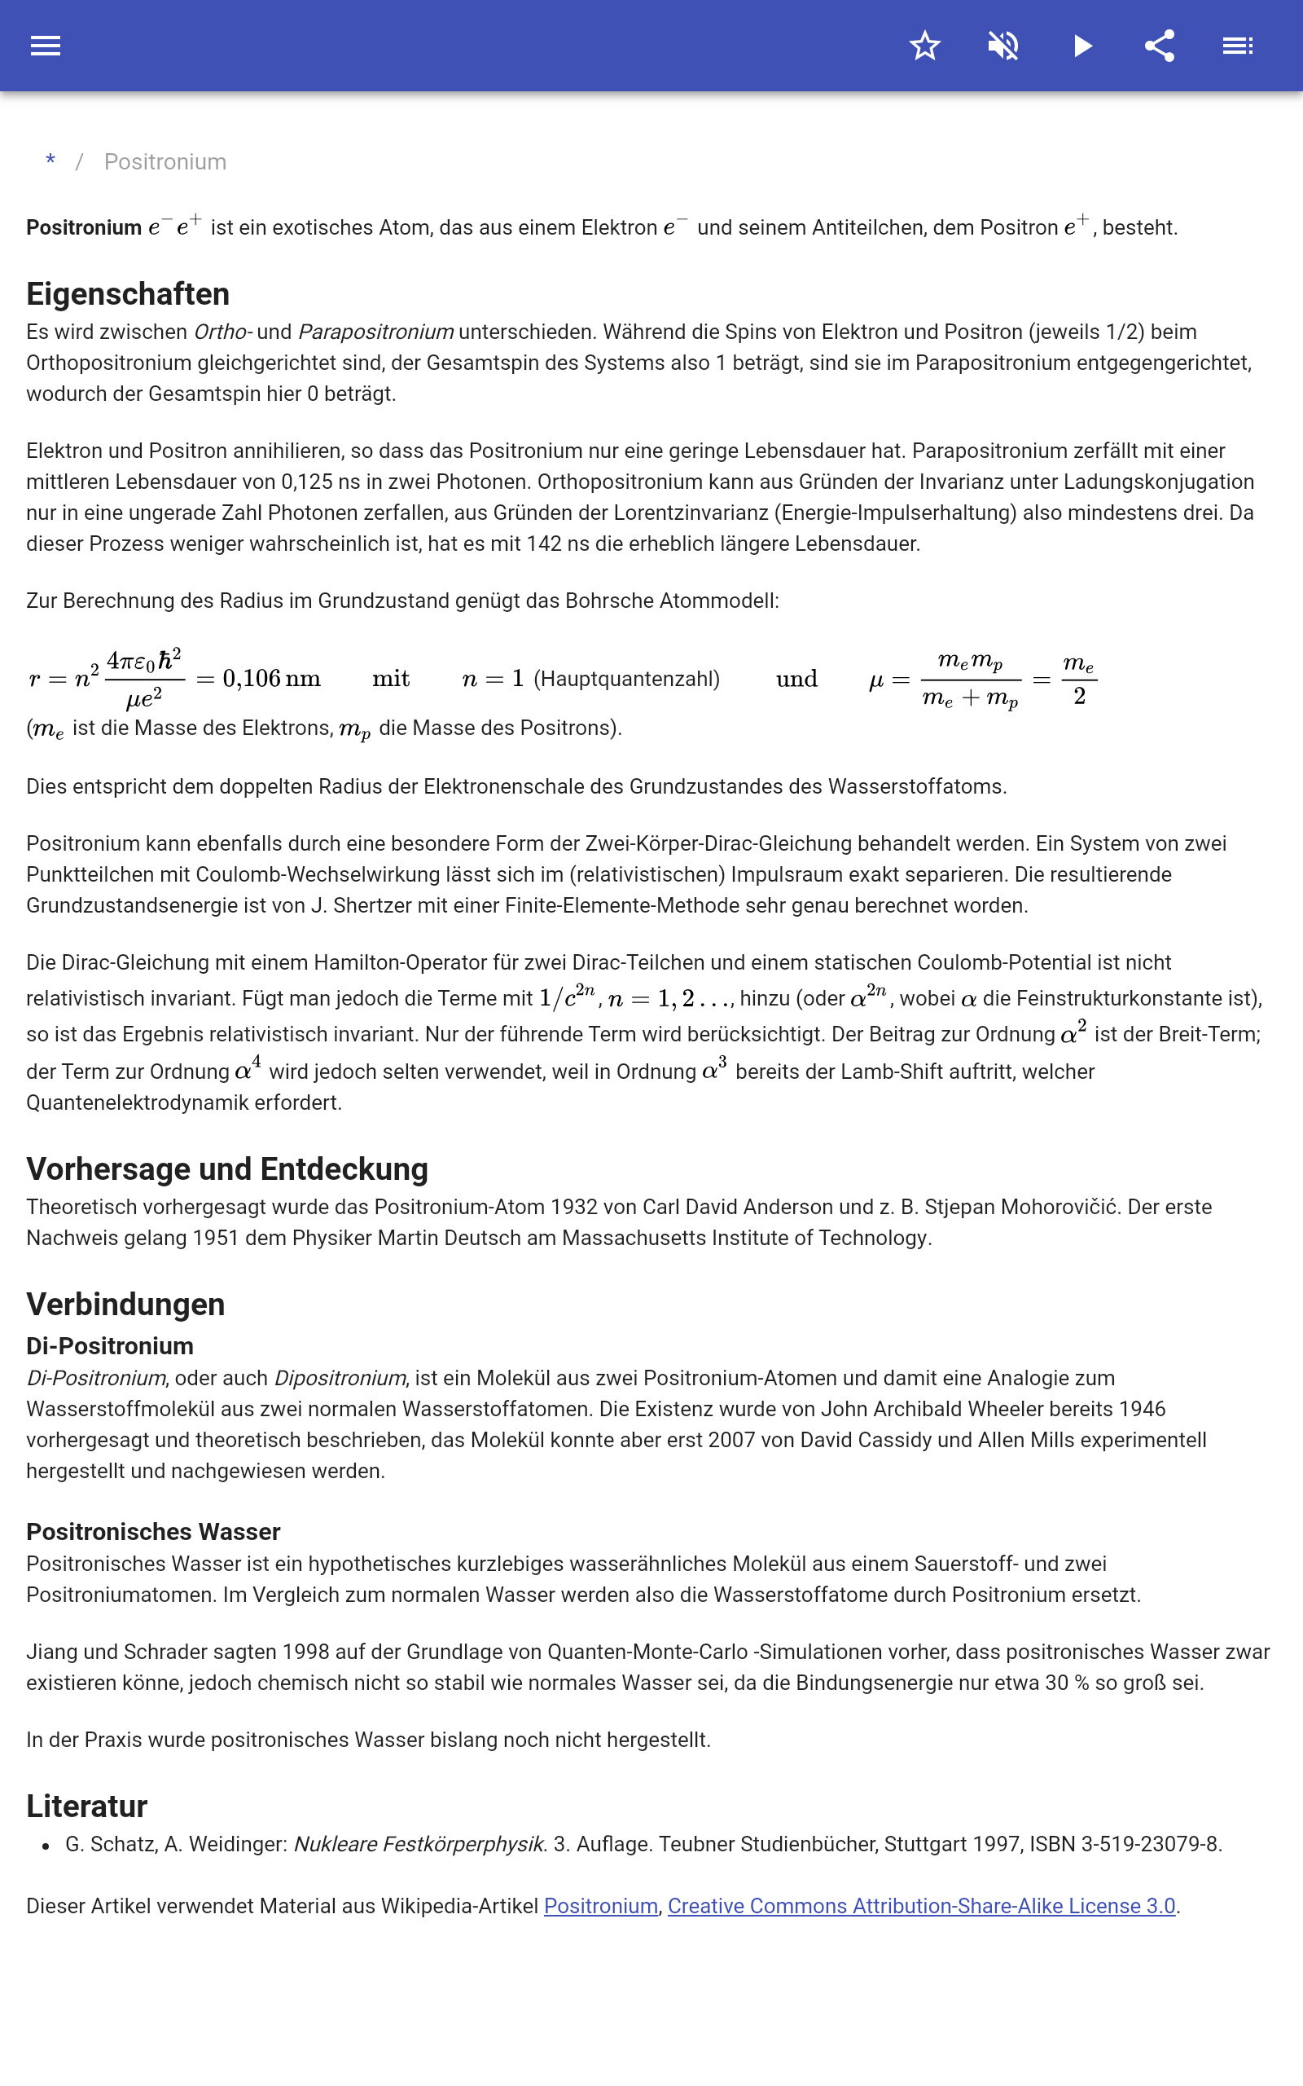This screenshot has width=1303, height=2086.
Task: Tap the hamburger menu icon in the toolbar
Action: point(46,46)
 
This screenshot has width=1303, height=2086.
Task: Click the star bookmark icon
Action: point(924,46)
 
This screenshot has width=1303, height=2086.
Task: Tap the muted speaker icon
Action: point(1003,46)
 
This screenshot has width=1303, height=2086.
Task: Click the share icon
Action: point(1160,46)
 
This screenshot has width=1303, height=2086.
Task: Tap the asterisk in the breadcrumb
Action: point(50,161)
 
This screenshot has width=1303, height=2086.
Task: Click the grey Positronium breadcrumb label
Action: point(165,162)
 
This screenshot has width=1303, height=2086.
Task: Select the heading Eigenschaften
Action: point(128,294)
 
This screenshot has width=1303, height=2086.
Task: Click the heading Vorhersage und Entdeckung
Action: point(226,1168)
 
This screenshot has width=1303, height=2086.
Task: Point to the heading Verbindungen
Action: point(125,1305)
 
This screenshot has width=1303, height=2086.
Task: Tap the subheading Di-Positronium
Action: point(109,1345)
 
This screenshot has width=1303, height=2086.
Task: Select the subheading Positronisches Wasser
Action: point(152,1532)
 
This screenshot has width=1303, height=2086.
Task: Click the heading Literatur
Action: point(86,1806)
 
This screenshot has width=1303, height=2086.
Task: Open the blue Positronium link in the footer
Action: point(601,1906)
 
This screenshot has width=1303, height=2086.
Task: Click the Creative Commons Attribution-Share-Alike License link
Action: point(921,1906)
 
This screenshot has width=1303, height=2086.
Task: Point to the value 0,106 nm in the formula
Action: point(271,680)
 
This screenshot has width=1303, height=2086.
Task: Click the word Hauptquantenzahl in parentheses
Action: point(626,680)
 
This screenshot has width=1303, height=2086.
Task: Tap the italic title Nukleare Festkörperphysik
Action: point(419,1844)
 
